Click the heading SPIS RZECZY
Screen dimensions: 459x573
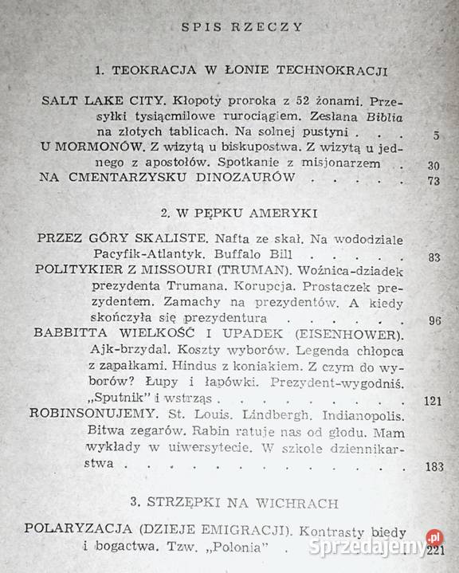pos(230,26)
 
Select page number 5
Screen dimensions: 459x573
pos(437,136)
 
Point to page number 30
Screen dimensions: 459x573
pos(432,166)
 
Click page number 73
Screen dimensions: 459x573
pos(432,181)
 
